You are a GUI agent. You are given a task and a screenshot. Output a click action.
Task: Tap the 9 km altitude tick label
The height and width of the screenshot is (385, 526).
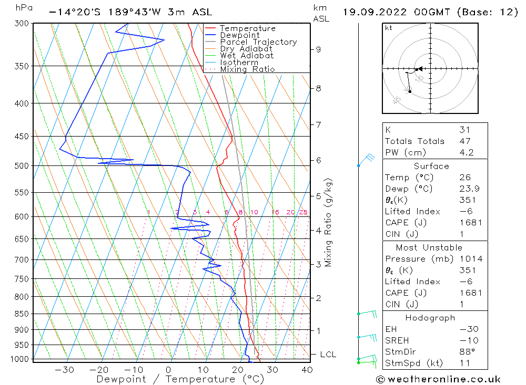pos(318,49)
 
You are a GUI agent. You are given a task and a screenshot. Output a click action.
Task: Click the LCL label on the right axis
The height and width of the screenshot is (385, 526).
pos(328,355)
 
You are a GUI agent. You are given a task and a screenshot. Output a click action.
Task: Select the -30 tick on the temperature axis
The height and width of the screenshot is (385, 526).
pos(65,370)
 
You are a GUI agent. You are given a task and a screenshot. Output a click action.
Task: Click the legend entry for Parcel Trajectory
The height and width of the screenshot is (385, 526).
pos(258,42)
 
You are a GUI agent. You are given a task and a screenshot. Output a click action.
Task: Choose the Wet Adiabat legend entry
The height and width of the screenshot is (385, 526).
pos(247,56)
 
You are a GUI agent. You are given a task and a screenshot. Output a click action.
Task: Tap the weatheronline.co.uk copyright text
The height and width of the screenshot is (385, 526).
pos(438,379)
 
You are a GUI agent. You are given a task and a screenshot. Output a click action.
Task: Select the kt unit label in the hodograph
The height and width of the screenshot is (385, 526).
pos(389,28)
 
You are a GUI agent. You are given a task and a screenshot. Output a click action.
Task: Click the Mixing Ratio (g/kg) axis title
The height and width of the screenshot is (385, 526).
pos(328,222)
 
